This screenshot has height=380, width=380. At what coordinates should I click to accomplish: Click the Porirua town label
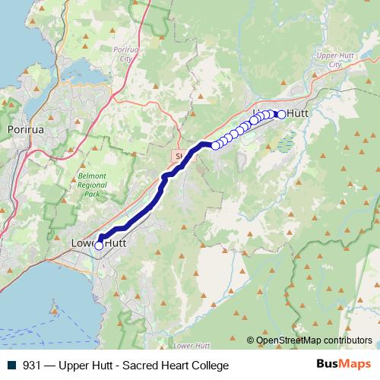[x=22, y=130]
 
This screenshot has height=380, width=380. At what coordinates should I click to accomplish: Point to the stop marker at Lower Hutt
[x=98, y=245]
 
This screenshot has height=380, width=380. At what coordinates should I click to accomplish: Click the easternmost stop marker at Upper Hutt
[x=282, y=114]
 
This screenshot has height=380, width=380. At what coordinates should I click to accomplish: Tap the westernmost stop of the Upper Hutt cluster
[x=216, y=145]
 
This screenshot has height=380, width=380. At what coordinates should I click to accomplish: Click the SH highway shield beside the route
[x=179, y=155]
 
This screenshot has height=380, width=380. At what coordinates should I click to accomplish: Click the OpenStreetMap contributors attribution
[x=313, y=340]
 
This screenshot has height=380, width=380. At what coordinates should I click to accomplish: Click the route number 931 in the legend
[x=32, y=366]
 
